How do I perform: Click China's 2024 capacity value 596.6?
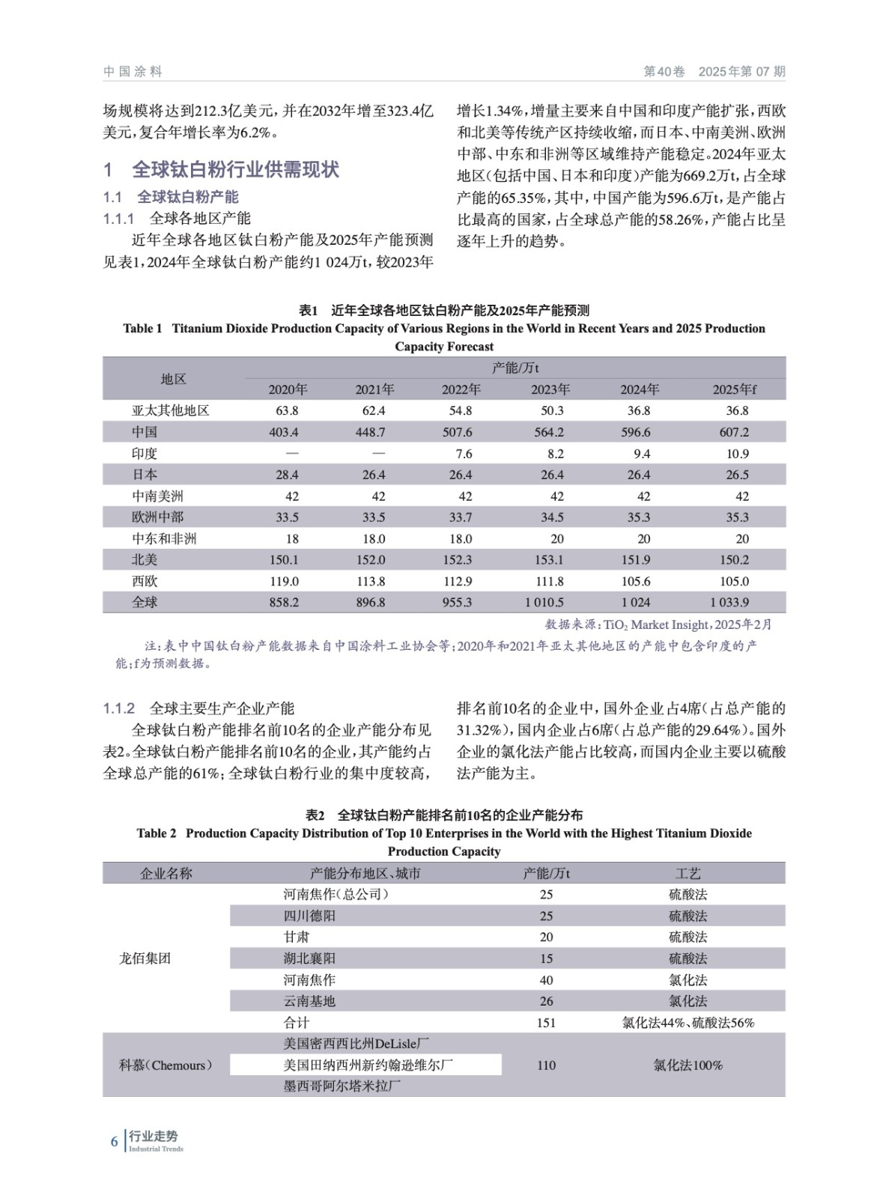(636, 432)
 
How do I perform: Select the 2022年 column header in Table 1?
(461, 389)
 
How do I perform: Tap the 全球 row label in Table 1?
(145, 602)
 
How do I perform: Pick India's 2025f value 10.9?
(734, 454)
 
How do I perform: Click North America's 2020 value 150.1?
(285, 560)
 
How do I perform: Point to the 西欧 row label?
(145, 581)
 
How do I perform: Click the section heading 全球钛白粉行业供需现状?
(235, 170)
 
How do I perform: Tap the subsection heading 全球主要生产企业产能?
(222, 708)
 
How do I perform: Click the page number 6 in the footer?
(115, 1141)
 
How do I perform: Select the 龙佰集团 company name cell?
(145, 958)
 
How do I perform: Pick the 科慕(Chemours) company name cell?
(166, 1065)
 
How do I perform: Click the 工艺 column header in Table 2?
(688, 873)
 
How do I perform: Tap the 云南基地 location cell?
(309, 1001)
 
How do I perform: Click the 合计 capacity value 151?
(546, 1023)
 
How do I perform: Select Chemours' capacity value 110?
(546, 1065)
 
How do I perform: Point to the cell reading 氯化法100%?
(688, 1065)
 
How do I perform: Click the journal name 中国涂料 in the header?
(133, 72)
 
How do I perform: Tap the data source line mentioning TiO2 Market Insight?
(658, 624)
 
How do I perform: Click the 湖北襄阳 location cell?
(309, 958)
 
